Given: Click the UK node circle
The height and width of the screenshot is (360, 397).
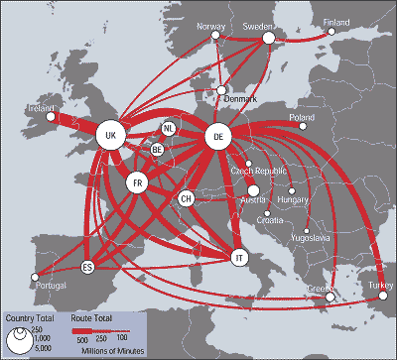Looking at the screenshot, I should (111, 137).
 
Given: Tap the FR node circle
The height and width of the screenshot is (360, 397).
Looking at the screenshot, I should (139, 182).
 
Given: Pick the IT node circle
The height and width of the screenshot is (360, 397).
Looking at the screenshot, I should (238, 257).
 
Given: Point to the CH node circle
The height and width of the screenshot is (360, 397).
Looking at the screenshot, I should (186, 199).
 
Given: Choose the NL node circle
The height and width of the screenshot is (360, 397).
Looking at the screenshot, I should (169, 129).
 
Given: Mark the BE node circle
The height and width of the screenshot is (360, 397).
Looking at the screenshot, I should (157, 149).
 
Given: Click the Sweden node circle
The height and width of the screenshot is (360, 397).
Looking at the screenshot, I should (267, 39).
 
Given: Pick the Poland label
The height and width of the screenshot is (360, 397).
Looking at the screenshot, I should (301, 117).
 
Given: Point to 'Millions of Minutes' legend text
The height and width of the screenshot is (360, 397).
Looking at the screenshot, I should (112, 351).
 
